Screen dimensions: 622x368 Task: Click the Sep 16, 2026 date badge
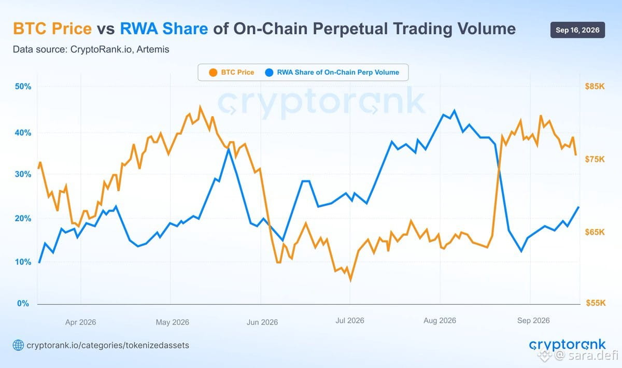tap(577, 30)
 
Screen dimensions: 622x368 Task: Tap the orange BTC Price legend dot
tap(213, 73)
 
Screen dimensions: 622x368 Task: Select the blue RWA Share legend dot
tap(269, 73)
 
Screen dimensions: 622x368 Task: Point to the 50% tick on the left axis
tap(23, 87)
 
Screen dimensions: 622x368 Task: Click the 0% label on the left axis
tap(23, 303)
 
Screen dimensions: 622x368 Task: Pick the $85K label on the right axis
tap(595, 87)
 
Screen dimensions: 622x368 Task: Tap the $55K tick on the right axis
tap(596, 303)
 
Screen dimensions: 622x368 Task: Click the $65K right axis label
tap(595, 232)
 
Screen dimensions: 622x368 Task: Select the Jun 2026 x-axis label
tap(262, 322)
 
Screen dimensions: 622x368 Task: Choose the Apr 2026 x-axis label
tap(80, 322)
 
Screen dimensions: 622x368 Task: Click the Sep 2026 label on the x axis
tap(533, 320)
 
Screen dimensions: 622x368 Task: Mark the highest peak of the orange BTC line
tap(200, 107)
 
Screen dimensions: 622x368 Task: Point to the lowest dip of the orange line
tap(350, 280)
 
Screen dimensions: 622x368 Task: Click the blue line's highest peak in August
tap(454, 111)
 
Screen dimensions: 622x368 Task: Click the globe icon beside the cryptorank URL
tap(18, 345)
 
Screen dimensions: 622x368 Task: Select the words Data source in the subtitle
tap(40, 49)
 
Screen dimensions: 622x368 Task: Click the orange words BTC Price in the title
tap(52, 29)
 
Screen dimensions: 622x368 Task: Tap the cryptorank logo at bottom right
tap(567, 345)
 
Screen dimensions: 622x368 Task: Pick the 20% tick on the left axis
tap(23, 218)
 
